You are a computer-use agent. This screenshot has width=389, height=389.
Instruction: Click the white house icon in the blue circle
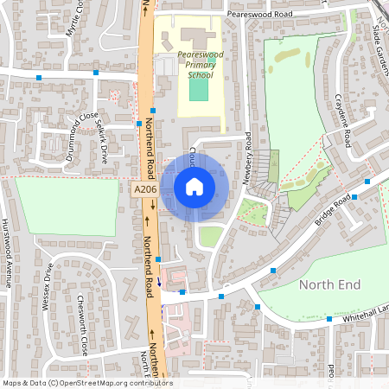[194, 186]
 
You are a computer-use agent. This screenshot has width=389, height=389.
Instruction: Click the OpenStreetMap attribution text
[87, 382]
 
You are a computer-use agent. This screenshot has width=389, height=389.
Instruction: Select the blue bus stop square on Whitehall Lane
[329, 319]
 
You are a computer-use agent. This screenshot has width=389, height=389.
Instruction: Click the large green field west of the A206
[67, 207]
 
